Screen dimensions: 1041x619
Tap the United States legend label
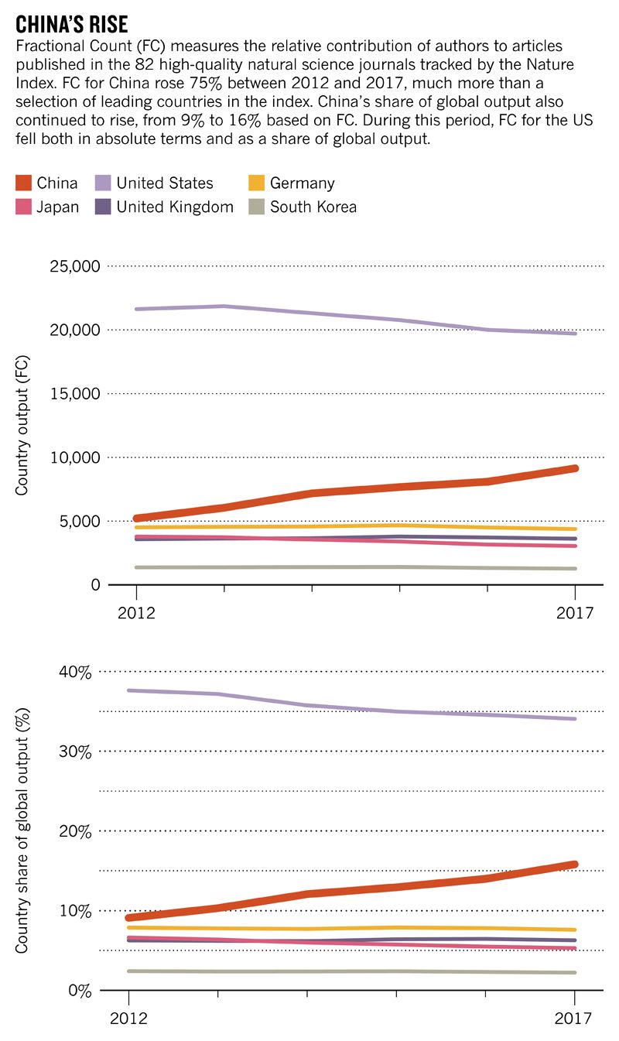pyautogui.click(x=164, y=183)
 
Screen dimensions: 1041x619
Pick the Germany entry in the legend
pyautogui.click(x=302, y=183)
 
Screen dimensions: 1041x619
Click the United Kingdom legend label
pyautogui.click(x=175, y=207)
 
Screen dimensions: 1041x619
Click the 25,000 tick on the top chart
pyautogui.click(x=75, y=267)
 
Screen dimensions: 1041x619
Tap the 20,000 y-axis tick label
pyautogui.click(x=75, y=330)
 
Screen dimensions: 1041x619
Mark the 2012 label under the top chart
pyautogui.click(x=137, y=613)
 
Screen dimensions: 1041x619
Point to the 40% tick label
pyautogui.click(x=75, y=672)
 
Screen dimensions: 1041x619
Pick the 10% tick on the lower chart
pyautogui.click(x=75, y=911)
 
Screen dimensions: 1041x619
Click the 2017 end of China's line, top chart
pyautogui.click(x=575, y=468)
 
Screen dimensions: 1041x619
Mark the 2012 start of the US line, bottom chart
pyautogui.click(x=129, y=690)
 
